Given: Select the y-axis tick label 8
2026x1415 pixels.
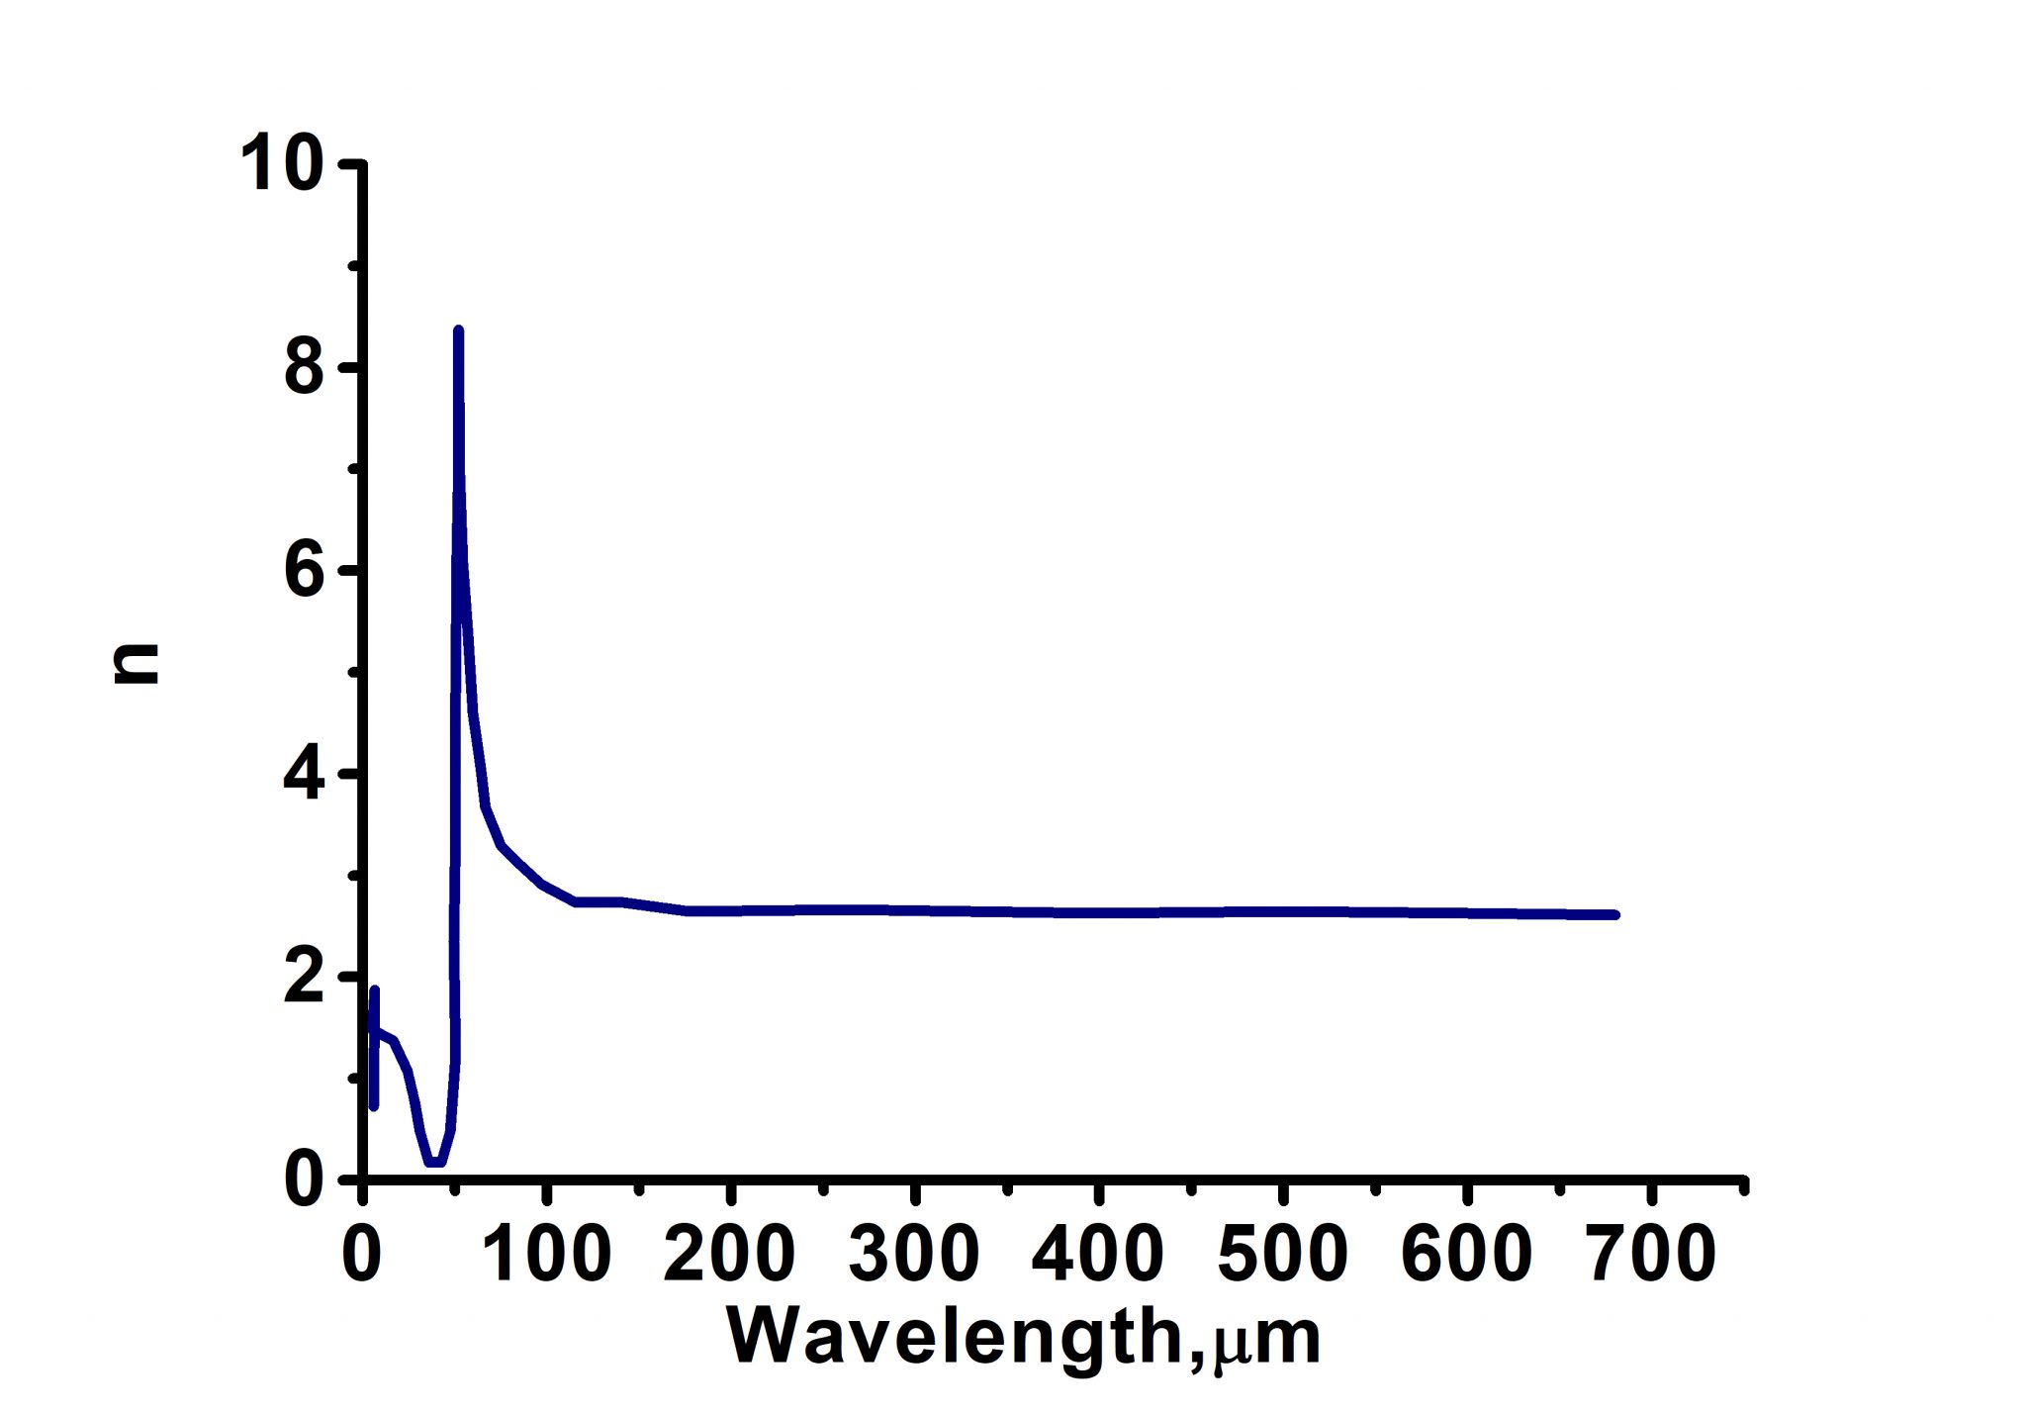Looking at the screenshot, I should click(304, 369).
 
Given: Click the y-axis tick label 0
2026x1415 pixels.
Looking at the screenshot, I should click(304, 1179).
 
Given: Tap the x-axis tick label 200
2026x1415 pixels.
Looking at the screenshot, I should click(730, 1253).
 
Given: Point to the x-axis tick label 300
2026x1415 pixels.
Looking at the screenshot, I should click(914, 1253).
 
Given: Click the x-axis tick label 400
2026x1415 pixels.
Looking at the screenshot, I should click(1098, 1253).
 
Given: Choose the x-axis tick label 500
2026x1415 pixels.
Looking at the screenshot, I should click(1282, 1253).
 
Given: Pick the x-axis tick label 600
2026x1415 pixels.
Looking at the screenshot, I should click(1467, 1253).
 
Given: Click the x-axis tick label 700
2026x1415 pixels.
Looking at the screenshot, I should click(1651, 1253).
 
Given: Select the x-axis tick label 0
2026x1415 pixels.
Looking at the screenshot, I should click(362, 1253).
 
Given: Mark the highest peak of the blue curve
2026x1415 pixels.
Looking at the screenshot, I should click(458, 330).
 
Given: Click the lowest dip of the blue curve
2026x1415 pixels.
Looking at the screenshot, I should click(434, 1162).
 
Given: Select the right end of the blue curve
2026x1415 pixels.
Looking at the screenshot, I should click(1615, 914).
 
